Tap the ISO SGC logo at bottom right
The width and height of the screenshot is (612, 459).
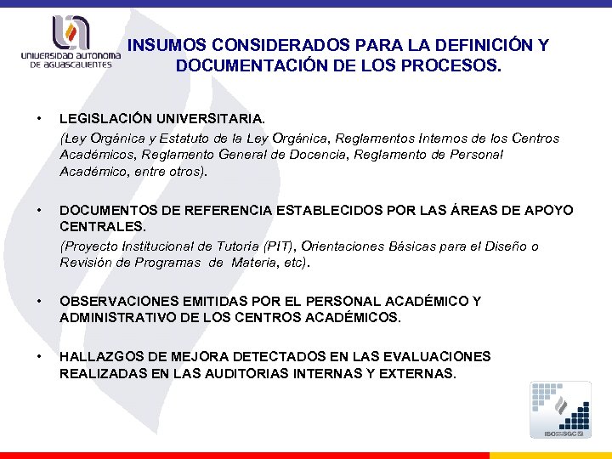click(560, 410)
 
